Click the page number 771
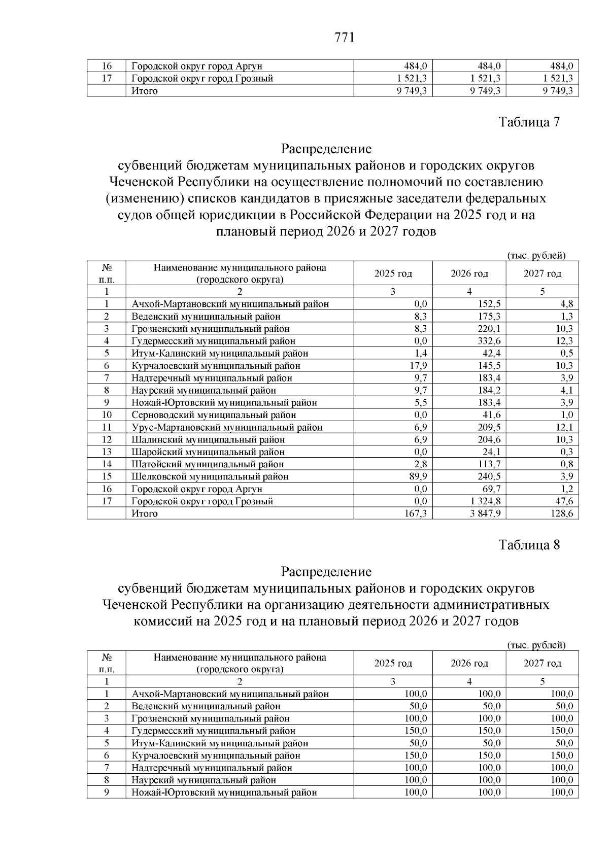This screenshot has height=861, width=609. coord(345,38)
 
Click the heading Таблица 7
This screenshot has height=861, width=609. coord(529,122)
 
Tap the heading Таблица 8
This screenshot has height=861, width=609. coord(529,545)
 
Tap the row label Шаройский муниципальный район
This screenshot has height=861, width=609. coord(208,452)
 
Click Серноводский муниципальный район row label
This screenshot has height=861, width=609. coord(214,415)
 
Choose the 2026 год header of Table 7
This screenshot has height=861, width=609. coord(469,274)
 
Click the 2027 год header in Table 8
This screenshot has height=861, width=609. coord(542,663)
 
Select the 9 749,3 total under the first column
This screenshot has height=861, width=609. coord(411,91)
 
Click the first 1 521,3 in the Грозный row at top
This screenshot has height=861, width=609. coord(411,79)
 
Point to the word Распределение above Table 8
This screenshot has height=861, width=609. coord(326,572)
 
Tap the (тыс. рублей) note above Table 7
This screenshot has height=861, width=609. coord(536,256)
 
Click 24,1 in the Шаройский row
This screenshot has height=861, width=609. coord(491,452)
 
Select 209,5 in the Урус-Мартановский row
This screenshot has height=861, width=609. coord(489,427)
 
